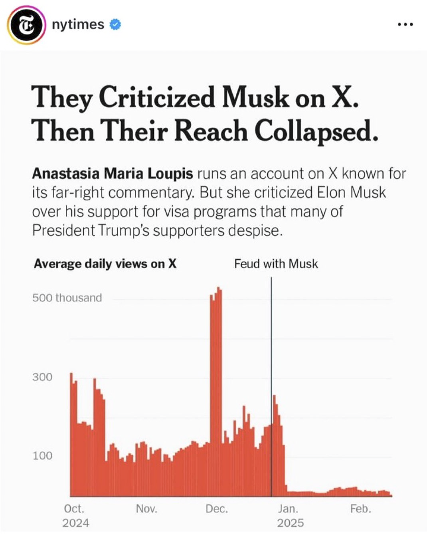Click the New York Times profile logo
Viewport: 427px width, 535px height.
(x=26, y=25)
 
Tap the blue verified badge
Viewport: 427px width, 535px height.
(x=115, y=25)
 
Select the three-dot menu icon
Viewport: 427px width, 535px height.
(x=405, y=25)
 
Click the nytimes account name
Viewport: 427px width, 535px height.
(x=78, y=24)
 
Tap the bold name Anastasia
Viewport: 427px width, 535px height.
(x=66, y=174)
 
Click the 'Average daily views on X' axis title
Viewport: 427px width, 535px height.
(x=105, y=264)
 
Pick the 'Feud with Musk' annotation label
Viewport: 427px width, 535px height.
(x=276, y=264)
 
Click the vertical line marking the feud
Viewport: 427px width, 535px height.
(x=271, y=360)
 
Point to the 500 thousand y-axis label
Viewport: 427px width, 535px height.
(x=67, y=298)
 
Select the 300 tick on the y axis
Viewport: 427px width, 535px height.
(x=42, y=377)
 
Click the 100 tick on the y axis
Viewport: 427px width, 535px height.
(x=42, y=455)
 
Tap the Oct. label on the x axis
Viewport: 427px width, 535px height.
(x=74, y=509)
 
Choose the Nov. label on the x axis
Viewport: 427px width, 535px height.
(x=146, y=509)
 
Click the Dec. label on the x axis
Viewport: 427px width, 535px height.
(x=217, y=509)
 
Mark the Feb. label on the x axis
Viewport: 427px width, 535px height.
(x=360, y=509)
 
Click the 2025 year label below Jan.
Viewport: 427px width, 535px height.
(x=290, y=523)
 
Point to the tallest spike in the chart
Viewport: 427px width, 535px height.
(x=216, y=360)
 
